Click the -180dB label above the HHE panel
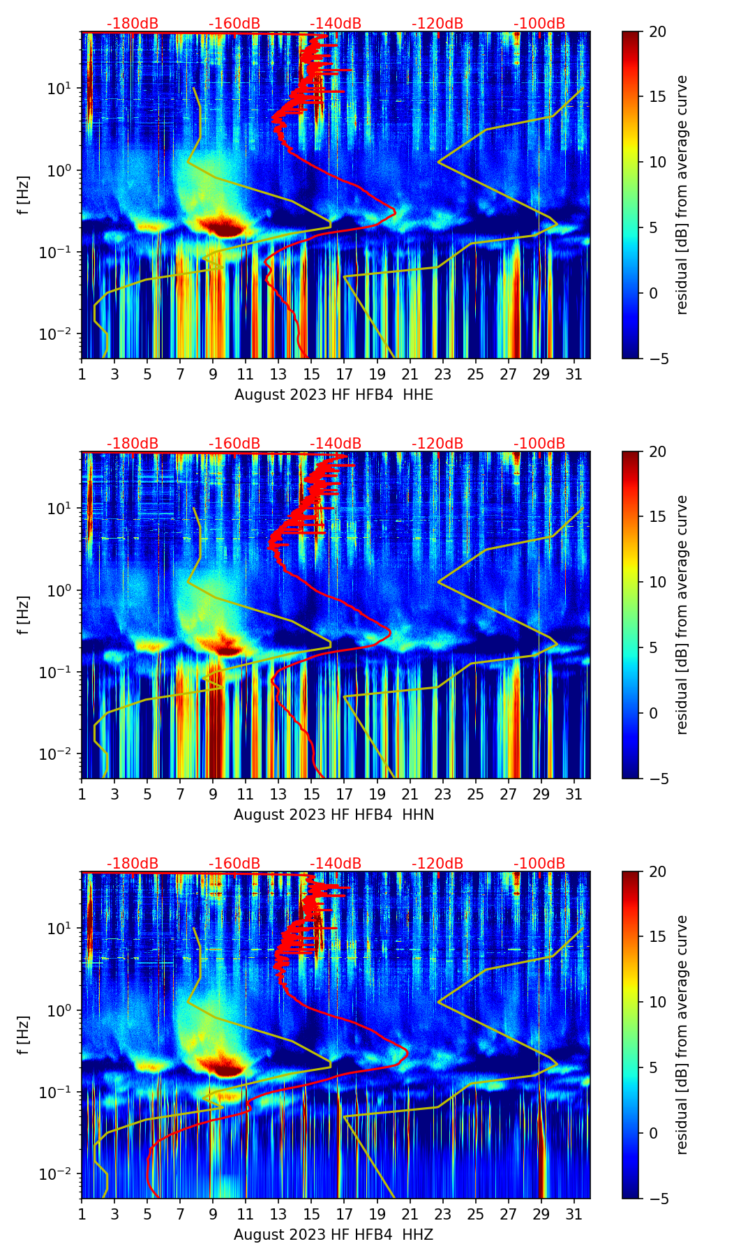[133, 24]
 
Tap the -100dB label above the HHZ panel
[539, 864]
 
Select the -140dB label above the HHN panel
[336, 444]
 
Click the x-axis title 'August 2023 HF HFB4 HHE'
[334, 395]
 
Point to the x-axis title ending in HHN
[334, 815]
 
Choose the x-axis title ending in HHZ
[334, 1235]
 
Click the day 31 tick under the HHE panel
[574, 373]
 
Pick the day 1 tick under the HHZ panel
[82, 1213]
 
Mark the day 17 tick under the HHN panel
[345, 793]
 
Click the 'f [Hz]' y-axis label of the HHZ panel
[24, 1035]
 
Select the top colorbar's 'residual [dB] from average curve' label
[682, 195]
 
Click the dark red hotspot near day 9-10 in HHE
[222, 226]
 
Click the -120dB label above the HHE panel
[437, 24]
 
